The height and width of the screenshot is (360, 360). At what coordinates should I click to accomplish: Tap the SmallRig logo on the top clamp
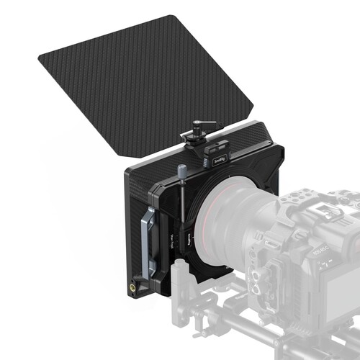coord(218,152)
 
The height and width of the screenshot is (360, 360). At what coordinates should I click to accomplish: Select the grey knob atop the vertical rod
coord(181,171)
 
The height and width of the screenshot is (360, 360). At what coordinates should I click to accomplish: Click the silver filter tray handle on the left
coord(149,245)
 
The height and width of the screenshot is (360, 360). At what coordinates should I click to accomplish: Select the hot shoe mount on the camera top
coord(317,204)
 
